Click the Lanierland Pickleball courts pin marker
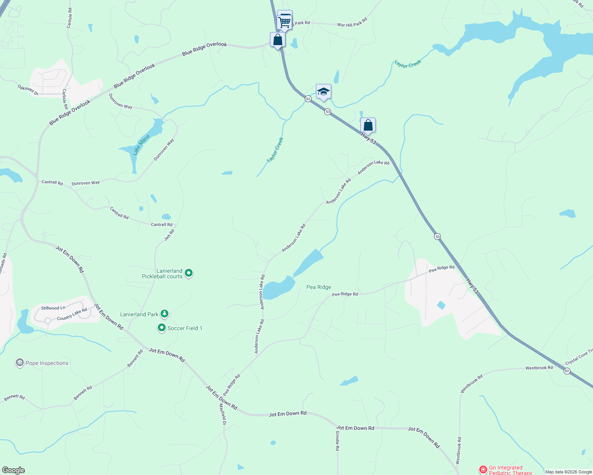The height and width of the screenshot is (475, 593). coord(189,273)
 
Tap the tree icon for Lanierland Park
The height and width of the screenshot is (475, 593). coord(165,314)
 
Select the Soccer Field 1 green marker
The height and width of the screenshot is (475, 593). coord(161,328)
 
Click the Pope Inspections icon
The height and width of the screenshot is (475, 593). coord(19,363)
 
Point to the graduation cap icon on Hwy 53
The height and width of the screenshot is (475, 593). coord(323,92)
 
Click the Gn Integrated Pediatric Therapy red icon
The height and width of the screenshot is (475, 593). coord(483,470)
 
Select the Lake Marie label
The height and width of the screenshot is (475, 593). coord(141,144)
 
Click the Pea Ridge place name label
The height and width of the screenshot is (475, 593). coord(319,287)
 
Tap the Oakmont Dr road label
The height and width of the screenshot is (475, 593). coord(28,90)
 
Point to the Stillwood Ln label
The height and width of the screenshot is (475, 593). coord(53,308)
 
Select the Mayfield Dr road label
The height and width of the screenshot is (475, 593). coord(223,415)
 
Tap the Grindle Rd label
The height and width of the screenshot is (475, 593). coord(337,441)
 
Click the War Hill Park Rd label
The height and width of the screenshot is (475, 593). coord(352,23)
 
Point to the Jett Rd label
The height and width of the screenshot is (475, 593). coord(169,235)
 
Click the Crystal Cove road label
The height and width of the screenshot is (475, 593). coord(579,357)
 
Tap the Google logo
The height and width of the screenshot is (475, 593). coord(13,470)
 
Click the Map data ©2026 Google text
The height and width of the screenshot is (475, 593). coord(568,472)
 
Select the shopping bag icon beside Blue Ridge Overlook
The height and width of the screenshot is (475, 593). coord(278,40)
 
